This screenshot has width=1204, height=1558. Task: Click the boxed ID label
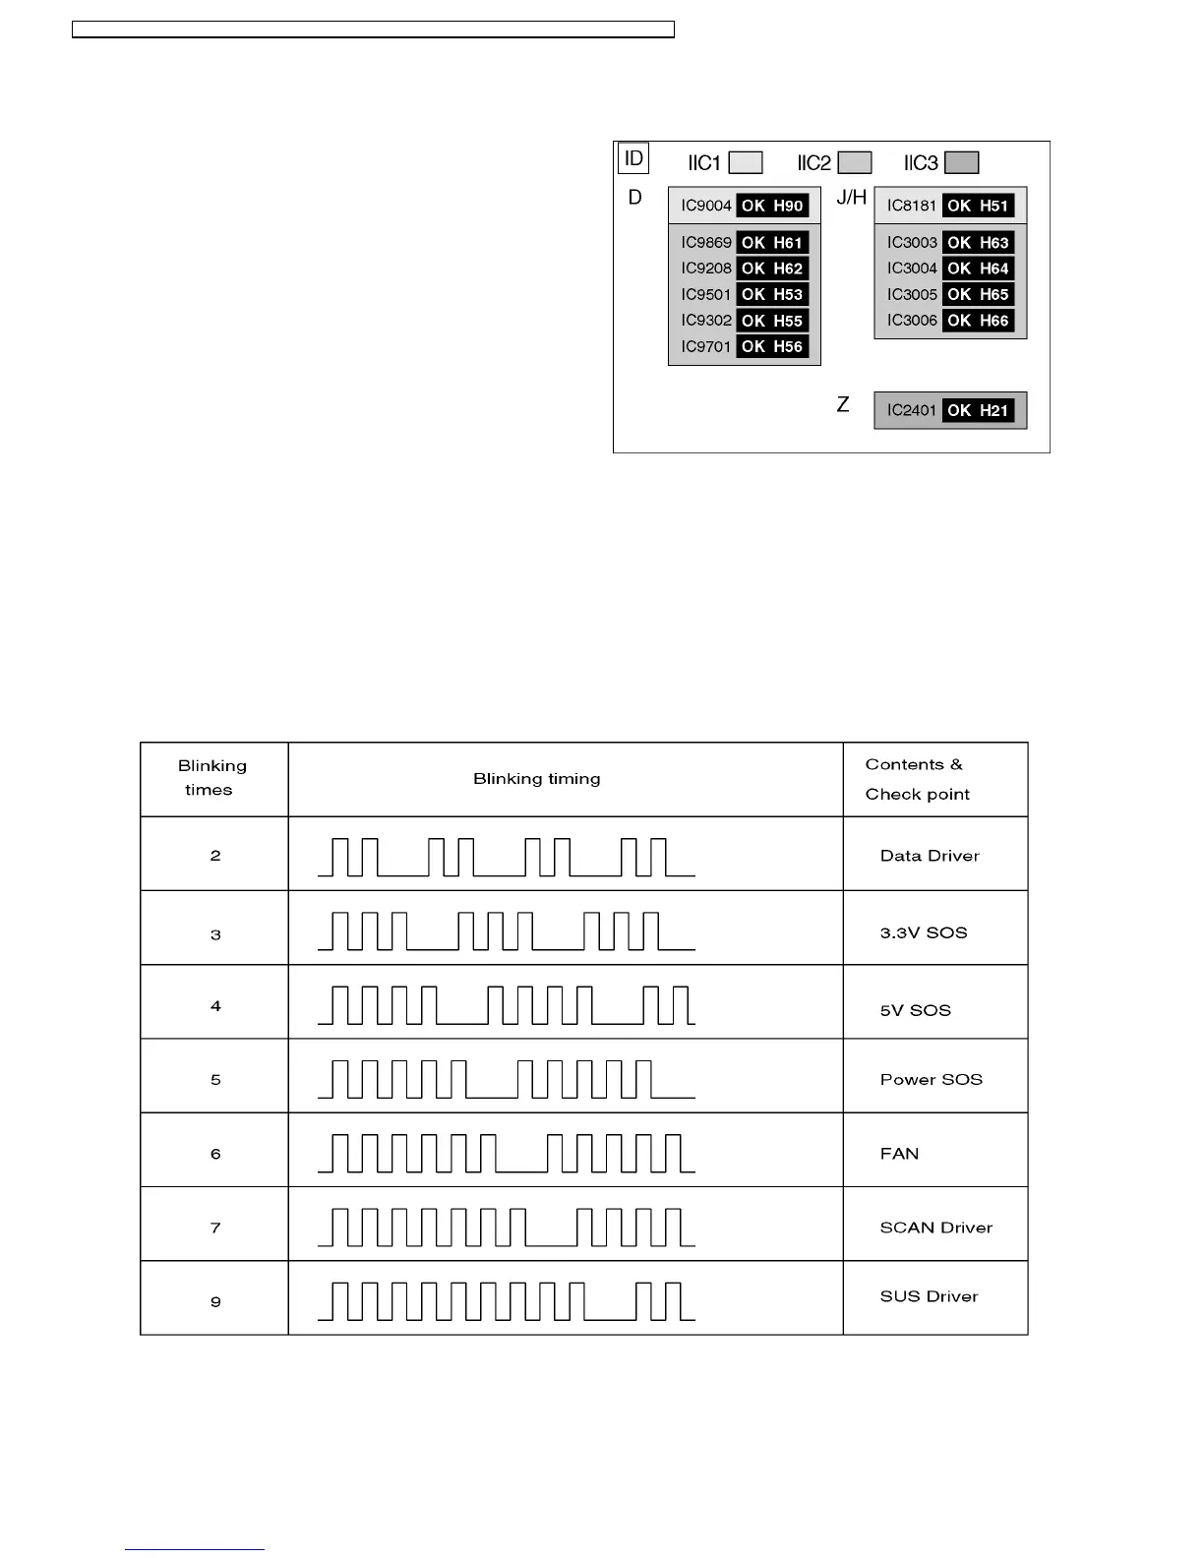coord(633,158)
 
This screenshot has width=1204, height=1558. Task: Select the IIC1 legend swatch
coord(746,162)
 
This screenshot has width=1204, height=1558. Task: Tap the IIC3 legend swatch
coord(962,162)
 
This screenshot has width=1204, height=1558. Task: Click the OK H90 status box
coord(772,206)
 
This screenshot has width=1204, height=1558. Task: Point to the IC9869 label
coord(706,243)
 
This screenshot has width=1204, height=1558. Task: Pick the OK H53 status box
coord(772,294)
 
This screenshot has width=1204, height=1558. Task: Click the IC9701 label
coord(706,346)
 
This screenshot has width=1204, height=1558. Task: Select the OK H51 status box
coord(978,206)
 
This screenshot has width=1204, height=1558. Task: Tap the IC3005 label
coord(912,294)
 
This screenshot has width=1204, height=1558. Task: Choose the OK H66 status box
coord(978,320)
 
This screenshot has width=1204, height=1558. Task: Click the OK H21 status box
coord(978,410)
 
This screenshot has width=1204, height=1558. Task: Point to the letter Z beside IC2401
coord(843,405)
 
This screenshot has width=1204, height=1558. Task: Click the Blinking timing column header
coord(536,779)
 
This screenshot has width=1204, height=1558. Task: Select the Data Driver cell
coord(930,856)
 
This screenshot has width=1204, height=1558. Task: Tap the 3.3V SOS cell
coord(924,932)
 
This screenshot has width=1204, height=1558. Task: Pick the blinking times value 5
coord(215,1080)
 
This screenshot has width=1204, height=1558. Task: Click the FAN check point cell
coord(899,1154)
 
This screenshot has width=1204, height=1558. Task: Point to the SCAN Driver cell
coord(935,1228)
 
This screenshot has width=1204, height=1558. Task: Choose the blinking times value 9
coord(215,1302)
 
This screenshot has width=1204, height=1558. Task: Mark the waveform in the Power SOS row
coord(507,1079)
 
